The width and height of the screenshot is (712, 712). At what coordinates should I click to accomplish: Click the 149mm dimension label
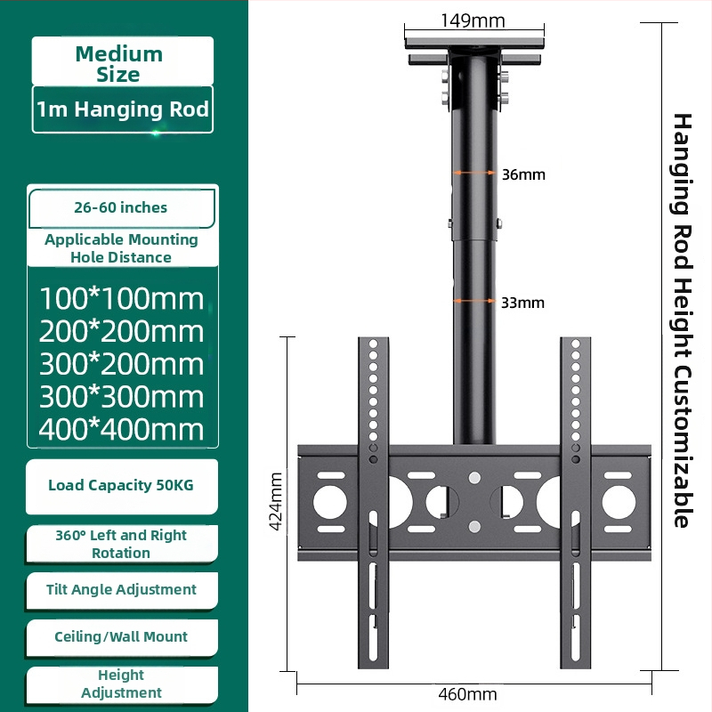[473, 20]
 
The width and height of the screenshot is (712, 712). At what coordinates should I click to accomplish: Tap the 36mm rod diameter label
[523, 174]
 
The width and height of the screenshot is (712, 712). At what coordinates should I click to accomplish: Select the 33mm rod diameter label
[522, 303]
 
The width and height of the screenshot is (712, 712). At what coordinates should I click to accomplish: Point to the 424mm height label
[276, 501]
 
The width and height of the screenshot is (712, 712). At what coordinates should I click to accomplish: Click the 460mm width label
[467, 694]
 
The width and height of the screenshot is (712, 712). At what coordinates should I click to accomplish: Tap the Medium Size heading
[119, 64]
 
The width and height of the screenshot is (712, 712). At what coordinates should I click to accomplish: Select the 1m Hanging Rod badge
[123, 109]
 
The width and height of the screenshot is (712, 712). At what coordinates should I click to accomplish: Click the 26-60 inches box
[121, 208]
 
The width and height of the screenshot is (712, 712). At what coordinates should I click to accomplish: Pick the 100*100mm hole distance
[122, 299]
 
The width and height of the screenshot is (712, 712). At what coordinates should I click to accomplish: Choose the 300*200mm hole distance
[122, 364]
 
